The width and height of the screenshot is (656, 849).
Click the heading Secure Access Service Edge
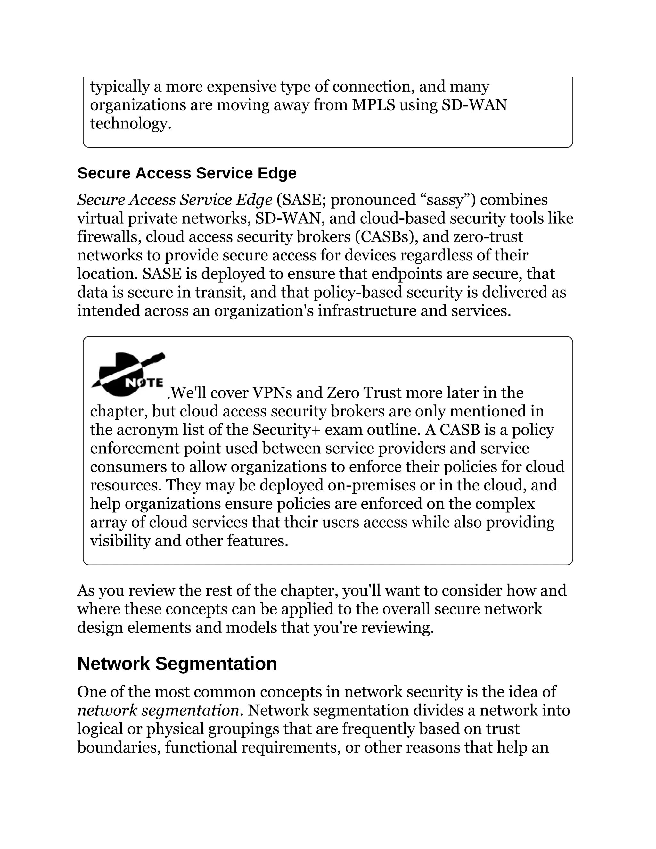(x=186, y=173)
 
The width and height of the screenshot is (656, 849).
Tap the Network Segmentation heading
(x=177, y=664)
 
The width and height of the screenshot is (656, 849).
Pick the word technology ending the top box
(x=130, y=124)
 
